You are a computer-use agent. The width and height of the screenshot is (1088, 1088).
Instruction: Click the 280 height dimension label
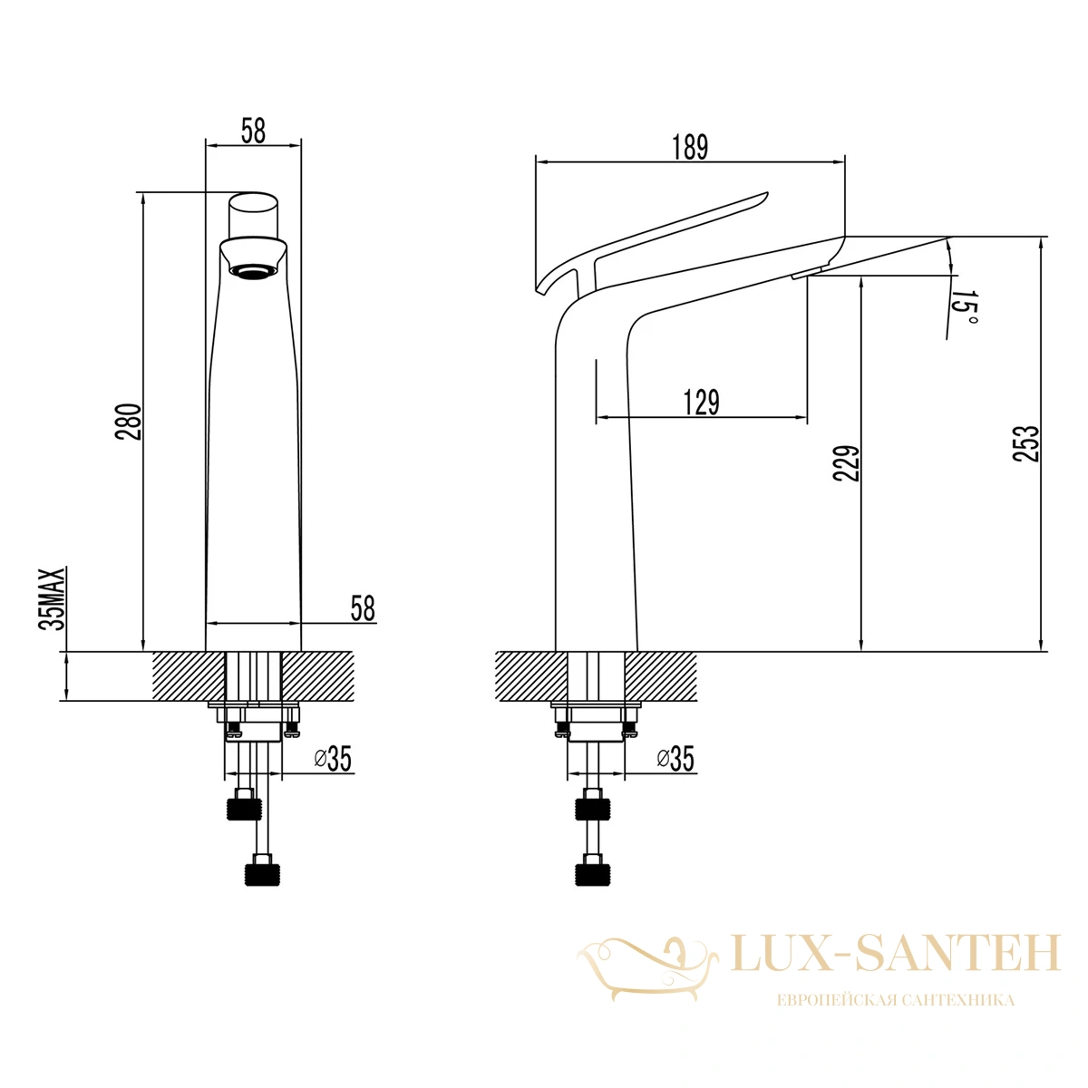128,422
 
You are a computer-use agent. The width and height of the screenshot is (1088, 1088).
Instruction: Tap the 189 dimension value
690,148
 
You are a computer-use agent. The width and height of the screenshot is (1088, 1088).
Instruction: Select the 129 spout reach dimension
701,402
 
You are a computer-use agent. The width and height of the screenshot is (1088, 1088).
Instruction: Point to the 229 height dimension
846,463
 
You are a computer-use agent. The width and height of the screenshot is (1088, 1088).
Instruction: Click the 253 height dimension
1025,443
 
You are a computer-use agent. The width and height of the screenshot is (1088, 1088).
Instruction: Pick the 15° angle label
965,309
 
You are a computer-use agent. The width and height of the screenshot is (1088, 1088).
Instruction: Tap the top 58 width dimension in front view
253,131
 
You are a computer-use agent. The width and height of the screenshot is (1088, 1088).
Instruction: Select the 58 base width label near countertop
363,608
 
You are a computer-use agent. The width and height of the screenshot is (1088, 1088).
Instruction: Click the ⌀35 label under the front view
333,758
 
